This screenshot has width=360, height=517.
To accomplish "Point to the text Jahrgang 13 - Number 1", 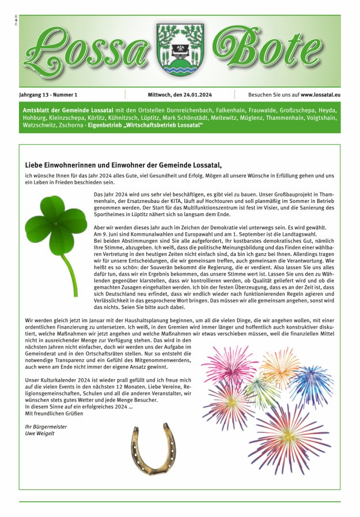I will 50,95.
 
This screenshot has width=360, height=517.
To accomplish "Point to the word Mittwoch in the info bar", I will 153,95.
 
